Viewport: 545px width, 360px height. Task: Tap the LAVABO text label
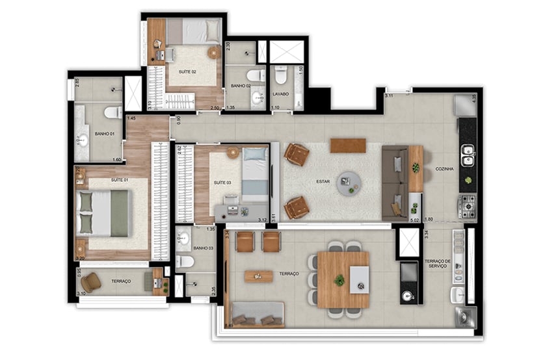281,94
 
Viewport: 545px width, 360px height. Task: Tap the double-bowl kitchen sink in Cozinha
467,155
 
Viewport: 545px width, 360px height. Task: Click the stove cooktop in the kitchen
467,207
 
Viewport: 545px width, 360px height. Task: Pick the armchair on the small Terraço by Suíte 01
91,282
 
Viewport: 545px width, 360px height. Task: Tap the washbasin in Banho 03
183,237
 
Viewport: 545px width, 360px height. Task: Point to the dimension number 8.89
230,325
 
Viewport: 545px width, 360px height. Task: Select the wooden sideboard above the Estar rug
348,145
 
